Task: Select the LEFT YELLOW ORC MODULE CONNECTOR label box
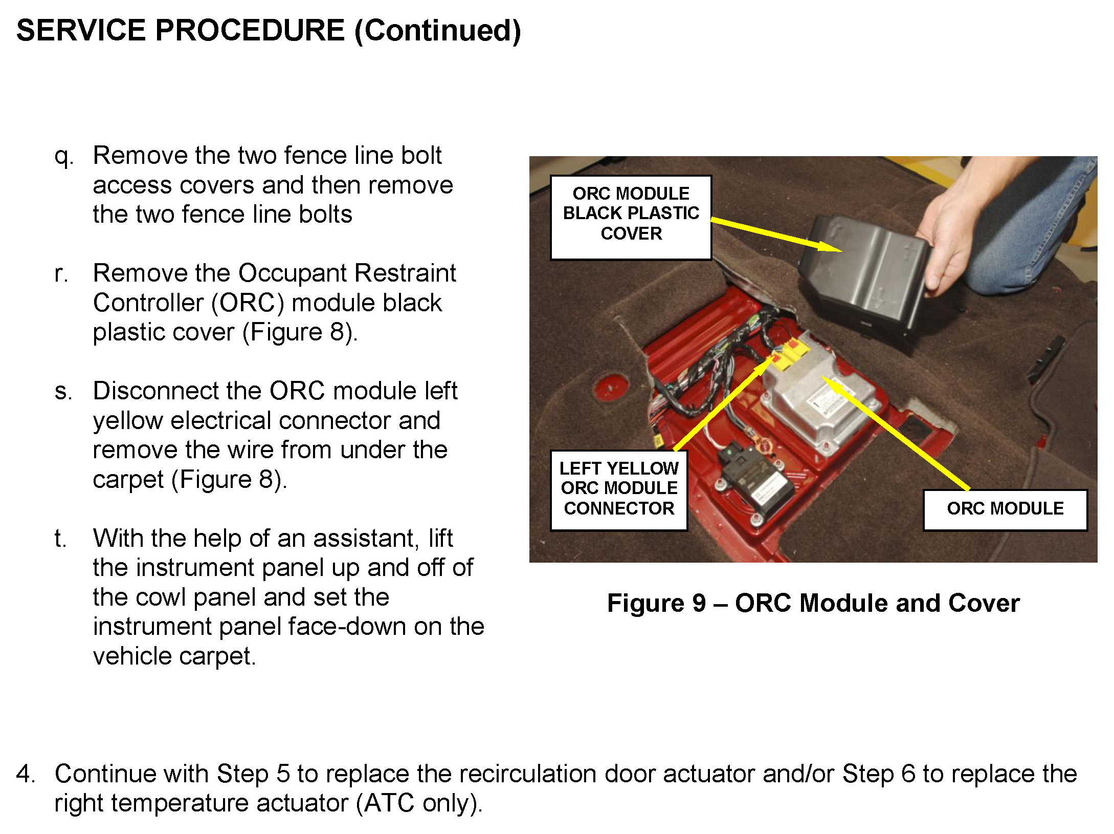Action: [x=618, y=489]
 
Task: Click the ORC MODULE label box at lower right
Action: [x=1005, y=509]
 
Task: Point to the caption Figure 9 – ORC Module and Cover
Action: [x=813, y=603]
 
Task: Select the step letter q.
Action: [x=63, y=156]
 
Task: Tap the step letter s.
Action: [x=63, y=392]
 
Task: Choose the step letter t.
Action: [x=60, y=539]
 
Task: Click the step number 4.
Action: [x=26, y=774]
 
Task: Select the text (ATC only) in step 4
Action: [x=419, y=803]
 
